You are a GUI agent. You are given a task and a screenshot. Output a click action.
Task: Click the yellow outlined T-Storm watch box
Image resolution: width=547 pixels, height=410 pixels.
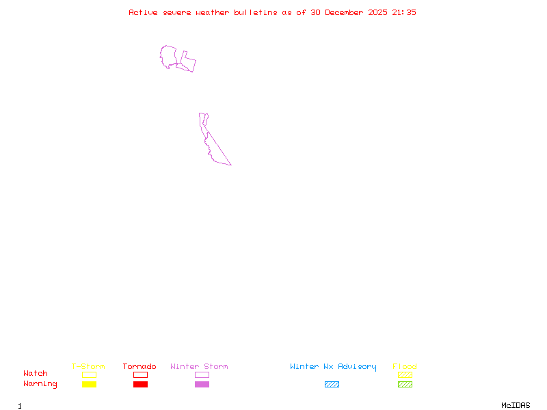[x=89, y=374]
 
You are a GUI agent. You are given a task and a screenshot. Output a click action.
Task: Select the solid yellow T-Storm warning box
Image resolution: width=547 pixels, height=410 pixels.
[x=89, y=385]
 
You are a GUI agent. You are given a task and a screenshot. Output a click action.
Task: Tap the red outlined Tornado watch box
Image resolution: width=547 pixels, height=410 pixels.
[x=140, y=374]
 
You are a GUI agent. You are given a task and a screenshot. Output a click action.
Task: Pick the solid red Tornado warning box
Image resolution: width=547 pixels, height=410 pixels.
[x=140, y=385]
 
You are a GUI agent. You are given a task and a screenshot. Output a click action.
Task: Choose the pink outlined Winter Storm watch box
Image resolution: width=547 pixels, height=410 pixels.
[x=202, y=374]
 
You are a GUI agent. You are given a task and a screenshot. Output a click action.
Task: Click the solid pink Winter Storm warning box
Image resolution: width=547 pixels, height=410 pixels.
[x=202, y=385]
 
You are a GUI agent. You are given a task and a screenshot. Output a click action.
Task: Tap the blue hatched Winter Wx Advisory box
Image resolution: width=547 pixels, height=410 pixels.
[x=332, y=385]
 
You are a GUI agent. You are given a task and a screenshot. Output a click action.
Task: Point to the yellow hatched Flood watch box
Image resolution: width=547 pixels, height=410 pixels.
[x=405, y=374]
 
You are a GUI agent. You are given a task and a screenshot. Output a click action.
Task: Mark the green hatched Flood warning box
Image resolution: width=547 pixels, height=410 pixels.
[x=405, y=385]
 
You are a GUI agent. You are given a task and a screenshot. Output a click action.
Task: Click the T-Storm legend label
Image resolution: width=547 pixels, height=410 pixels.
[x=88, y=367]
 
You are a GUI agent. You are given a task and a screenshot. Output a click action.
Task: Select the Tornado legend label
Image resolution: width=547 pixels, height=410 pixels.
[x=139, y=367]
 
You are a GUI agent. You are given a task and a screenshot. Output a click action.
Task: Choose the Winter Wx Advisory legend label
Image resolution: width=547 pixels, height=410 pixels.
[x=333, y=367]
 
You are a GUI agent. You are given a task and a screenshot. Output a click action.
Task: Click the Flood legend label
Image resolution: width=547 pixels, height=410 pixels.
[x=405, y=367]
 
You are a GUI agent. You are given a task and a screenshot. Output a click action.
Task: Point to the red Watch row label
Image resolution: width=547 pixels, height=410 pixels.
[x=36, y=374]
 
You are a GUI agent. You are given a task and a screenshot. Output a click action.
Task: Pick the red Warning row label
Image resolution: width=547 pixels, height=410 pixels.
[x=40, y=384]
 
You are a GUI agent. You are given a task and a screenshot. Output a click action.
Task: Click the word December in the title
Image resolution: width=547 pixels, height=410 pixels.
[x=347, y=12]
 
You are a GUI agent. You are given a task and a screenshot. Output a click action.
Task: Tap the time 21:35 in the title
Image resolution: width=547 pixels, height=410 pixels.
[x=403, y=12]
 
